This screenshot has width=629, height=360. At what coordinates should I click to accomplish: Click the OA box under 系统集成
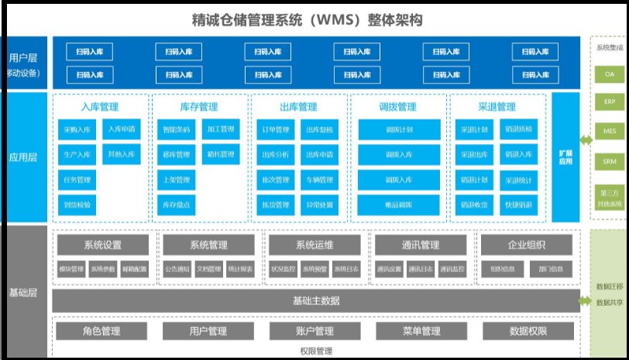(609, 74)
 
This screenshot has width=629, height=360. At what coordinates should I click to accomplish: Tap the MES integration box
(609, 132)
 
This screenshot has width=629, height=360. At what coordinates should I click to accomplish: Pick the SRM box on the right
(609, 162)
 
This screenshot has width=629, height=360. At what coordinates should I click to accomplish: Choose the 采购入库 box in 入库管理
(77, 129)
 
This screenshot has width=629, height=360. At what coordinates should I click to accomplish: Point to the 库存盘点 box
(176, 205)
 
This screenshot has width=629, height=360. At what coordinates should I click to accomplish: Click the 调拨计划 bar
(398, 129)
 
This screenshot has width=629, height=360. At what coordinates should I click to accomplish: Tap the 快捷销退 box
(518, 205)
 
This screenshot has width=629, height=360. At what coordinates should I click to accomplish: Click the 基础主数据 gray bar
(316, 300)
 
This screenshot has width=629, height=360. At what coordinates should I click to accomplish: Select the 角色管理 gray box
(101, 331)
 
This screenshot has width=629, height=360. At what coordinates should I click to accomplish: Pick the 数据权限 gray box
(528, 331)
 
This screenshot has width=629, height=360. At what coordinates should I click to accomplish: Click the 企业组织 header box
(528, 245)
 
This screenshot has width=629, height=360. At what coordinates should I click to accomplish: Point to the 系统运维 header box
(314, 245)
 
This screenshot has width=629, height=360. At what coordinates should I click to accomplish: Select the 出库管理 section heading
(297, 107)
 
